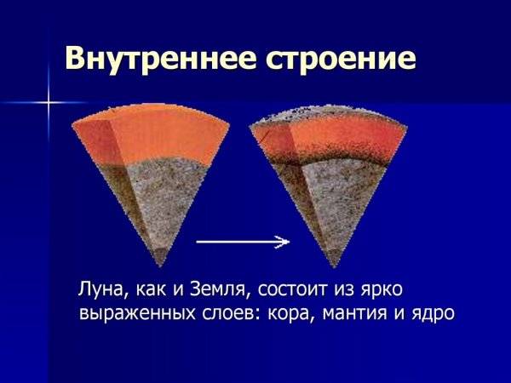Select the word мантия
click(362, 312)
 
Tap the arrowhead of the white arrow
click(284, 243)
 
